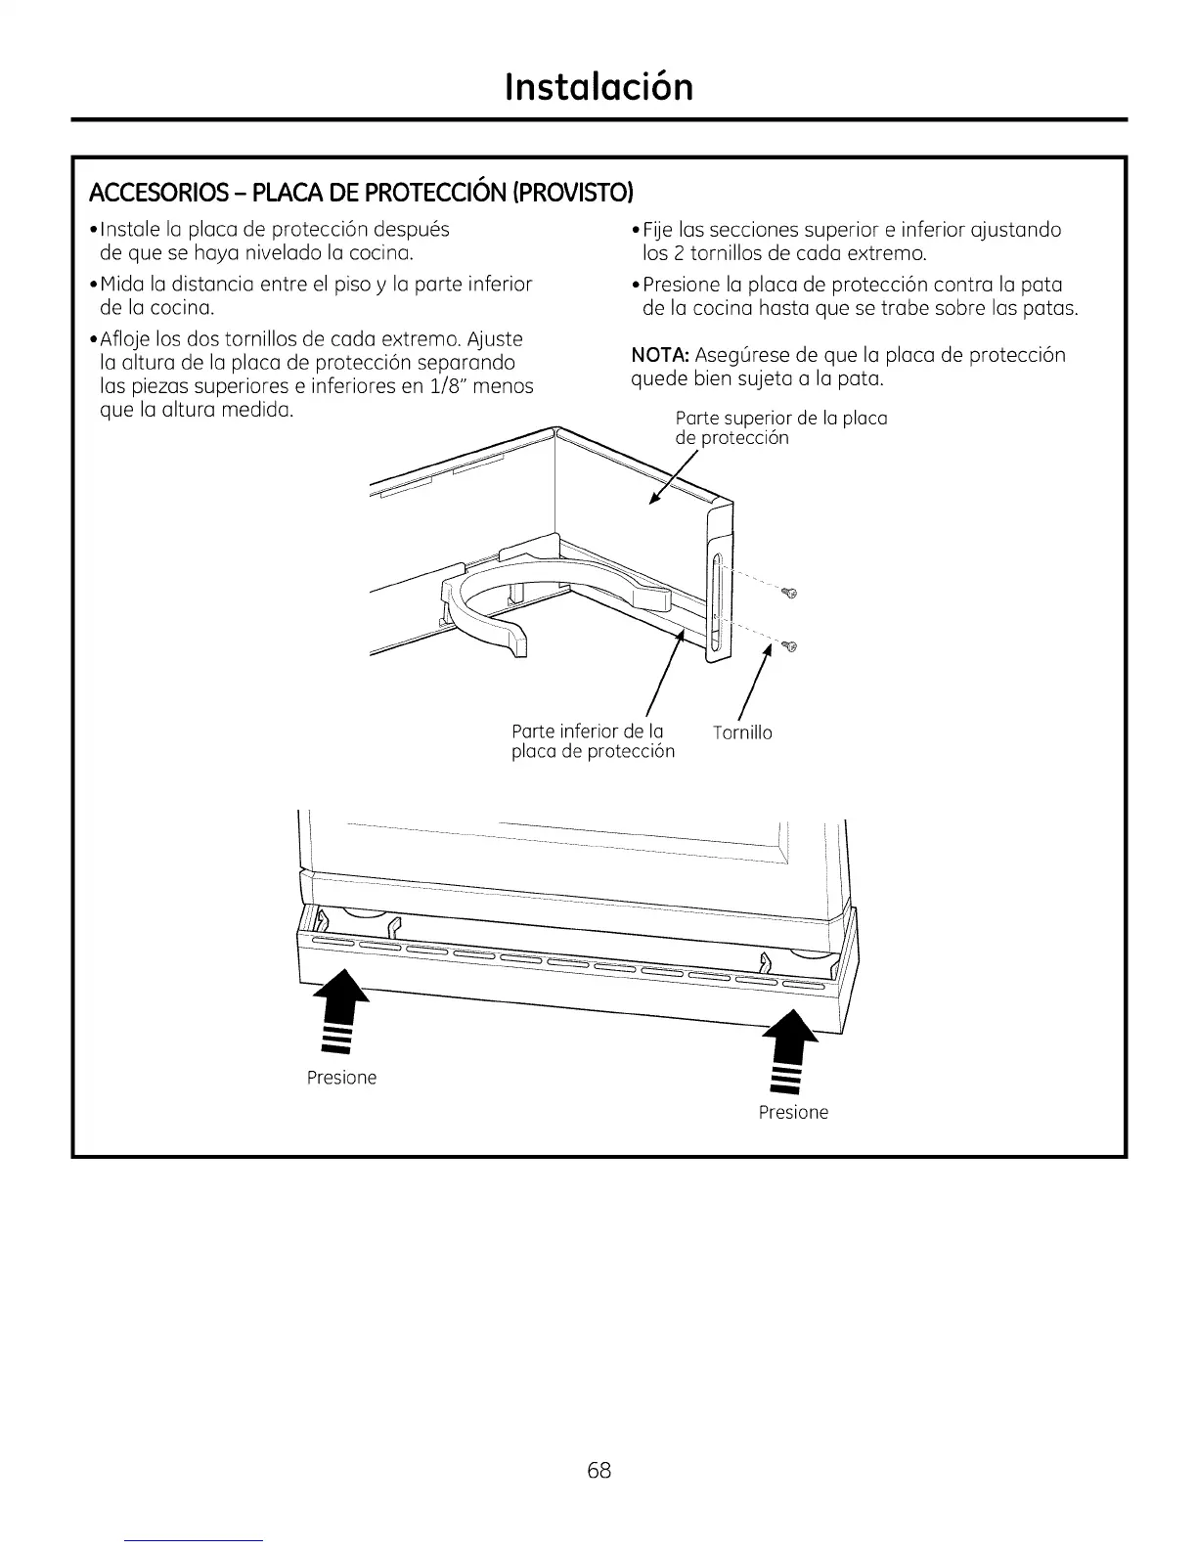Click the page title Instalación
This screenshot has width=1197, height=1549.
point(598,86)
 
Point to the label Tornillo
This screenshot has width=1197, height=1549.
point(742,732)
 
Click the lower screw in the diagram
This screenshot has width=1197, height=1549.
point(790,645)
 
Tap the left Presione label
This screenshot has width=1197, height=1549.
point(341,1078)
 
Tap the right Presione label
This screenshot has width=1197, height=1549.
point(793,1112)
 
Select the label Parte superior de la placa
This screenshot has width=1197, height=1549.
point(780,419)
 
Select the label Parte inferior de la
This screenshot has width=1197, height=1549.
point(588,731)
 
